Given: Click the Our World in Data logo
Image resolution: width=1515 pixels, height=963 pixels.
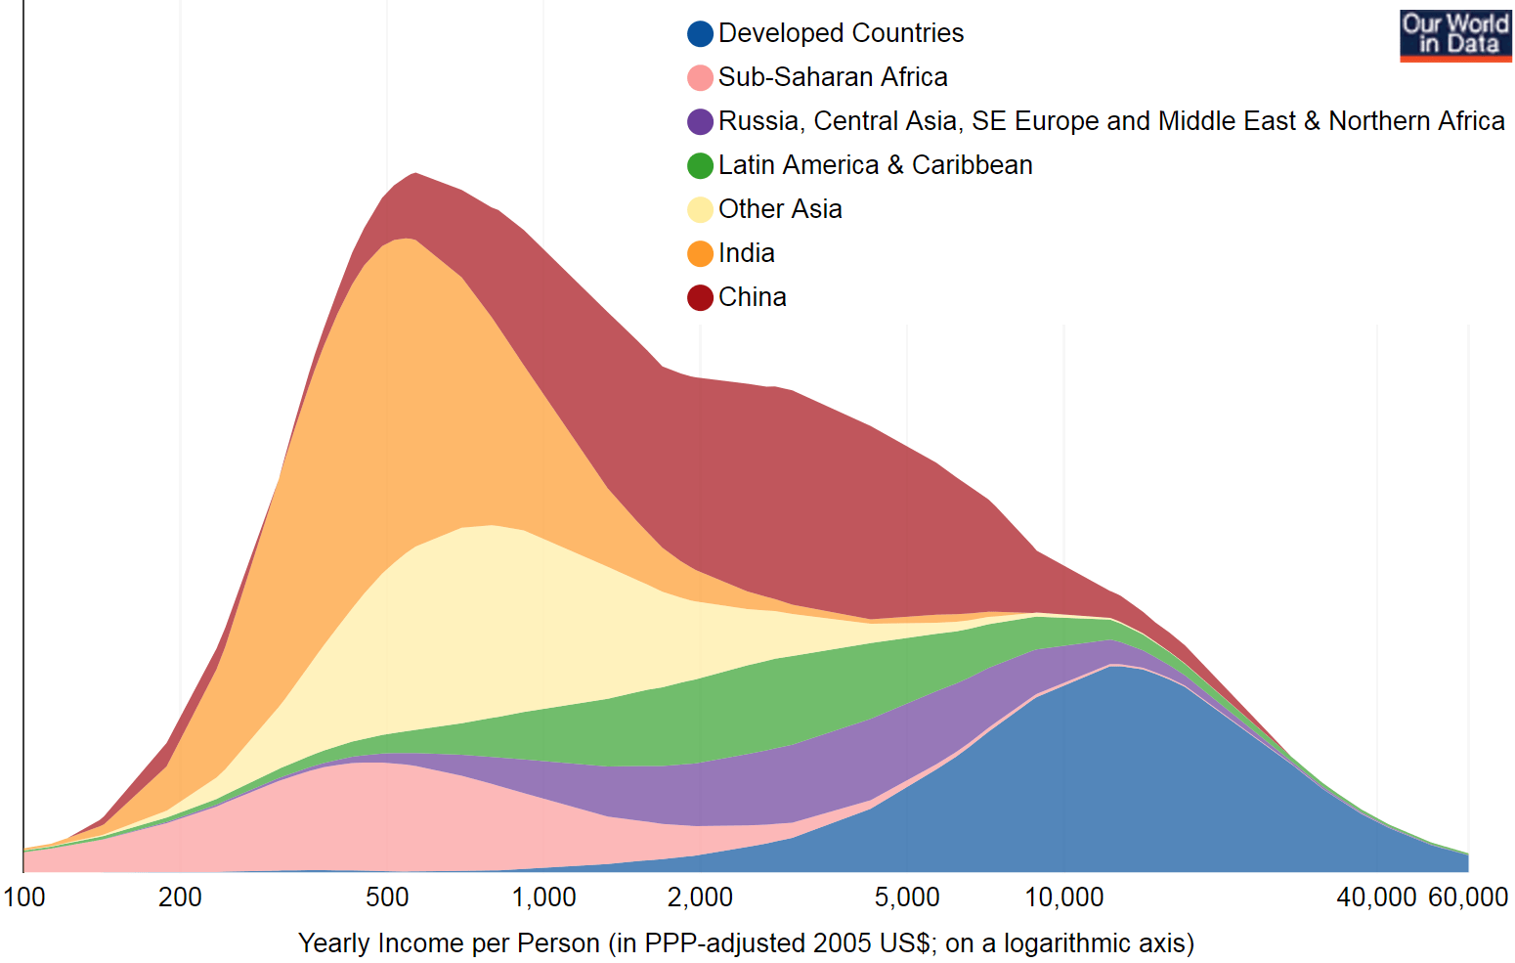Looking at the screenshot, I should tap(1455, 35).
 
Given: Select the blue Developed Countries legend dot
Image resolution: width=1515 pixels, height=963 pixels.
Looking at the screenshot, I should tap(700, 34).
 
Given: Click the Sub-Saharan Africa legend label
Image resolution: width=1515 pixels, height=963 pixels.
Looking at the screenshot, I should tap(832, 77).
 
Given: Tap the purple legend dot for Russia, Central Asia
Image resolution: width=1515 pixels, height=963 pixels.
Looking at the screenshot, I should tap(700, 122).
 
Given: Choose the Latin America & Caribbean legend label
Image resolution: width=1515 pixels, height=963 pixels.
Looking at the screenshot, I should tap(875, 165).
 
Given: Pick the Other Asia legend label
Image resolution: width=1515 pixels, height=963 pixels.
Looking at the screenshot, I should tap(779, 209).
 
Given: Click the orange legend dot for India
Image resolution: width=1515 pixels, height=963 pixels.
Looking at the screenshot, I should tap(700, 254).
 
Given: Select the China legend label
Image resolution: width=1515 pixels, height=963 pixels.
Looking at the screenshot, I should tap(752, 297).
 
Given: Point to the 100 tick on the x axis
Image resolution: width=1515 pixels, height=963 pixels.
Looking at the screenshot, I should tap(23, 897).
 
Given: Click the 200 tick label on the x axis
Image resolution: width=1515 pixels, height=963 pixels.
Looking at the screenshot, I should tap(180, 897).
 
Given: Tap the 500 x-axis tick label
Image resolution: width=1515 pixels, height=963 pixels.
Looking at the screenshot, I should tap(387, 897).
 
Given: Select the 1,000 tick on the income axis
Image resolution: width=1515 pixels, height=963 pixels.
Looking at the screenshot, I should tap(543, 897).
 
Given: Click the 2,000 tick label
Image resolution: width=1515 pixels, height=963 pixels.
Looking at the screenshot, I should tap(700, 897).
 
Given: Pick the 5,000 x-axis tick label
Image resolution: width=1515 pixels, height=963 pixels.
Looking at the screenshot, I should tap(907, 897).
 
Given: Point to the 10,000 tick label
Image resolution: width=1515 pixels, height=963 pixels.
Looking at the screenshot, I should tap(1063, 897).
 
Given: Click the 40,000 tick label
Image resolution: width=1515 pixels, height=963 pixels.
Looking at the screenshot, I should tap(1376, 897).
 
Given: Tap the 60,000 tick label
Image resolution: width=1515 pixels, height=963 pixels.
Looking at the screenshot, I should tap(1468, 897).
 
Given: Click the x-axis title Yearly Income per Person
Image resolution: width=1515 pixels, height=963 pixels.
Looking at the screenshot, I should tap(746, 943).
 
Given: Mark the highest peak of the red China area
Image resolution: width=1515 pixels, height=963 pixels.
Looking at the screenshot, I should tap(415, 174).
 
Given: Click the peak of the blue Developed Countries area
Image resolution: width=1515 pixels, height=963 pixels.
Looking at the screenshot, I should tap(1112, 666).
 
